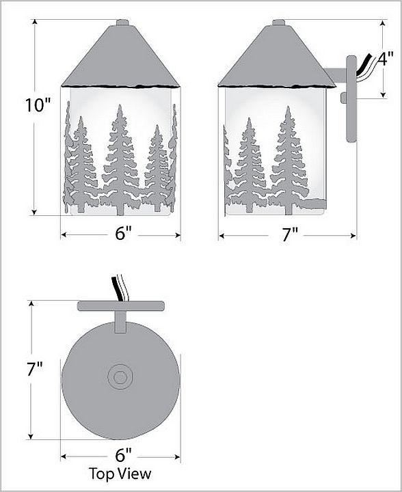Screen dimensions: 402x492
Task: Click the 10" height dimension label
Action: [x=38, y=105]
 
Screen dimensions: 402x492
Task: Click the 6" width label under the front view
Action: [x=123, y=234]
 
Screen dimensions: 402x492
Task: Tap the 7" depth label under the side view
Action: [x=290, y=234]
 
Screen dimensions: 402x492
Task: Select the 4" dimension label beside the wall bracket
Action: [x=385, y=59]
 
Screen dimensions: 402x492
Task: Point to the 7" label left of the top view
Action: [x=34, y=369]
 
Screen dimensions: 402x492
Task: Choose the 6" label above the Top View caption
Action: [x=123, y=455]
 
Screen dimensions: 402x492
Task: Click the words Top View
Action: [x=120, y=474]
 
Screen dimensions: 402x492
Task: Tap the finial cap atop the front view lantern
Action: [x=122, y=23]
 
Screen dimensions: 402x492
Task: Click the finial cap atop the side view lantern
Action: [x=278, y=23]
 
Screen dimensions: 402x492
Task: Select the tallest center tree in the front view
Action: [x=120, y=160]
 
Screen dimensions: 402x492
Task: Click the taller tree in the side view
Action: [x=289, y=160]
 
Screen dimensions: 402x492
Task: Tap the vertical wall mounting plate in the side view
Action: [x=351, y=99]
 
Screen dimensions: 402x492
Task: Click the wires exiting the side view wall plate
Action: [x=364, y=68]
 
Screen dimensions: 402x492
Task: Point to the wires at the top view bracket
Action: [x=119, y=288]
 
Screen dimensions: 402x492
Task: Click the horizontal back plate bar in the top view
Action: [x=121, y=306]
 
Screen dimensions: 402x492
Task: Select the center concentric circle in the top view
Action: [x=120, y=377]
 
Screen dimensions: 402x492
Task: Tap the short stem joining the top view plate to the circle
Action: [x=120, y=322]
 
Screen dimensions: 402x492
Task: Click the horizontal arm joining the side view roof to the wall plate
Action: [x=336, y=74]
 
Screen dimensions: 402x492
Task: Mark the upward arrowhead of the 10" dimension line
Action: [x=34, y=22]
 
